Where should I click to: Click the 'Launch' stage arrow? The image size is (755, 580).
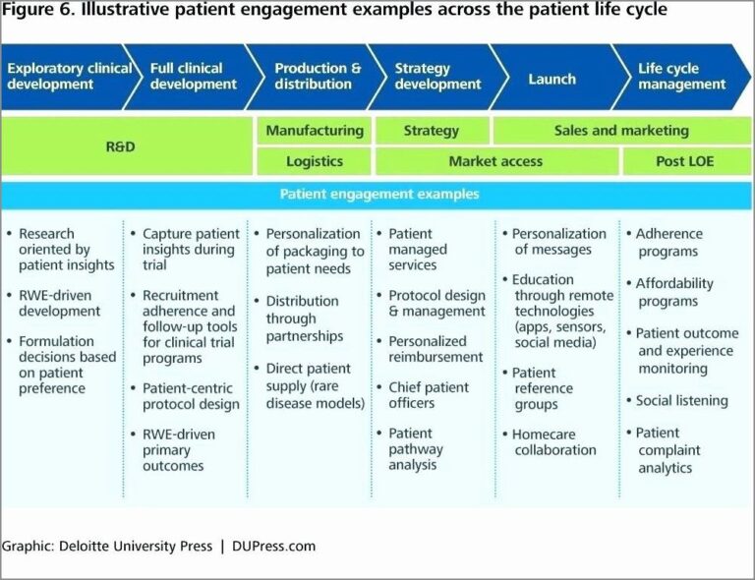[x=552, y=78]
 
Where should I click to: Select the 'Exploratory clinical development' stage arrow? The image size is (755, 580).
[x=67, y=77]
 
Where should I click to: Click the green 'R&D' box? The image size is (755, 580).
[x=120, y=146]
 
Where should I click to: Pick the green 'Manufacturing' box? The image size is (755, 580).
[x=314, y=131]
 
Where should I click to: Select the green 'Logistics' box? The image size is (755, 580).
[x=314, y=161]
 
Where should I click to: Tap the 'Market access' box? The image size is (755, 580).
[x=495, y=161]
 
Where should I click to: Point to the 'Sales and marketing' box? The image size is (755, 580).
[x=621, y=131]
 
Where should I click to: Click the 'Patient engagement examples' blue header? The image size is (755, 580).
[x=378, y=195]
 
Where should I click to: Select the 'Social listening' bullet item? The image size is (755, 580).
[x=681, y=401]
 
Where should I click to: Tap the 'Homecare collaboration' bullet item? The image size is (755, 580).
[x=554, y=442]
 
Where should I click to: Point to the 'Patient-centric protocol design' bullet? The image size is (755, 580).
[x=190, y=396]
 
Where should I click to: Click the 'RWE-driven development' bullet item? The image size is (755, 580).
[x=59, y=303]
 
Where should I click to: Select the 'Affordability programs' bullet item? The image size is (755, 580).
[x=674, y=292]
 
